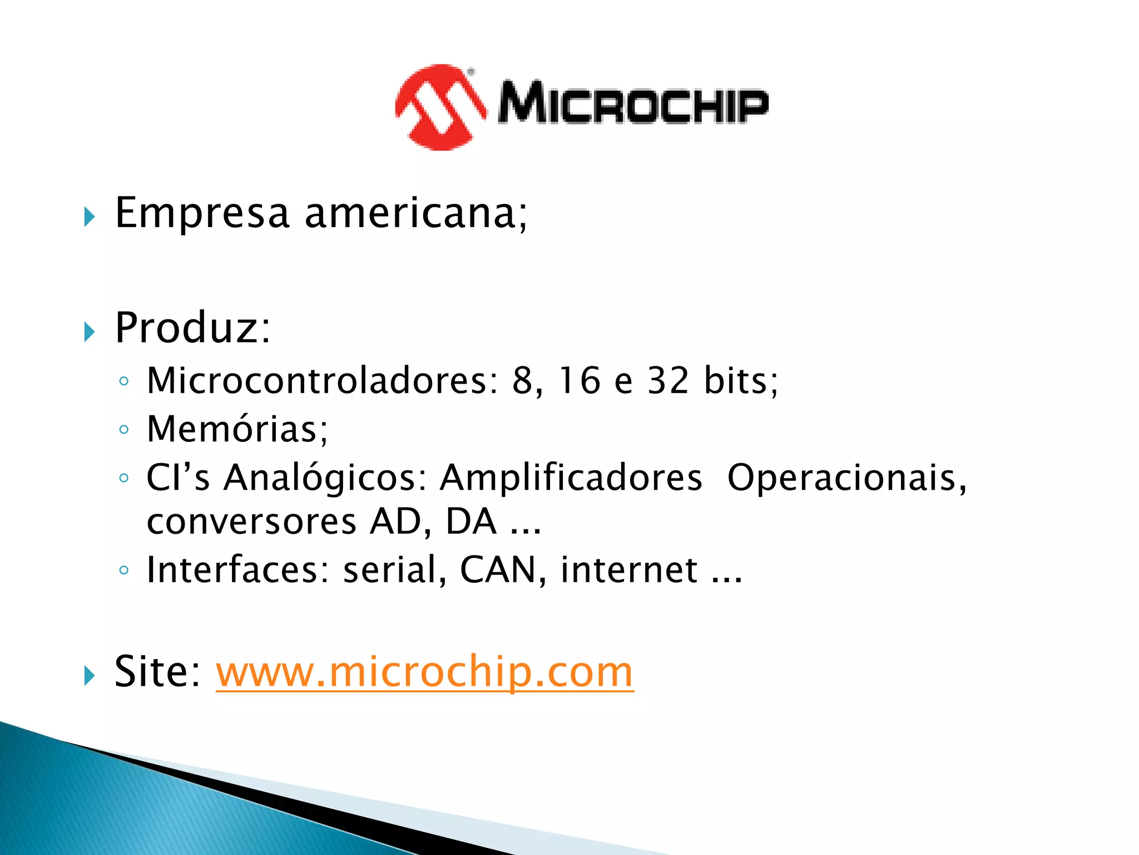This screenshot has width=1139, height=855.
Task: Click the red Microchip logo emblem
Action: pyautogui.click(x=439, y=107)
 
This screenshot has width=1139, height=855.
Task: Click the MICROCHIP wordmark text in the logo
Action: pyautogui.click(x=633, y=102)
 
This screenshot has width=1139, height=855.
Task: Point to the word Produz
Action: pyautogui.click(x=188, y=328)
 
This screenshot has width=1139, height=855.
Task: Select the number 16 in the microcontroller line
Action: pyautogui.click(x=580, y=381)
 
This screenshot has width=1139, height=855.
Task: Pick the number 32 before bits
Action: pyautogui.click(x=668, y=381)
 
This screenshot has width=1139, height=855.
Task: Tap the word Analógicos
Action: pyautogui.click(x=320, y=478)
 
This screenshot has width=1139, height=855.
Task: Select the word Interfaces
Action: pyautogui.click(x=234, y=571)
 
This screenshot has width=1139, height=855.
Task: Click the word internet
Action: pyautogui.click(x=629, y=571)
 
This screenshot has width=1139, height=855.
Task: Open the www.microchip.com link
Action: pyautogui.click(x=424, y=672)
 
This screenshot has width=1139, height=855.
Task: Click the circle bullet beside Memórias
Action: pyautogui.click(x=124, y=430)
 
